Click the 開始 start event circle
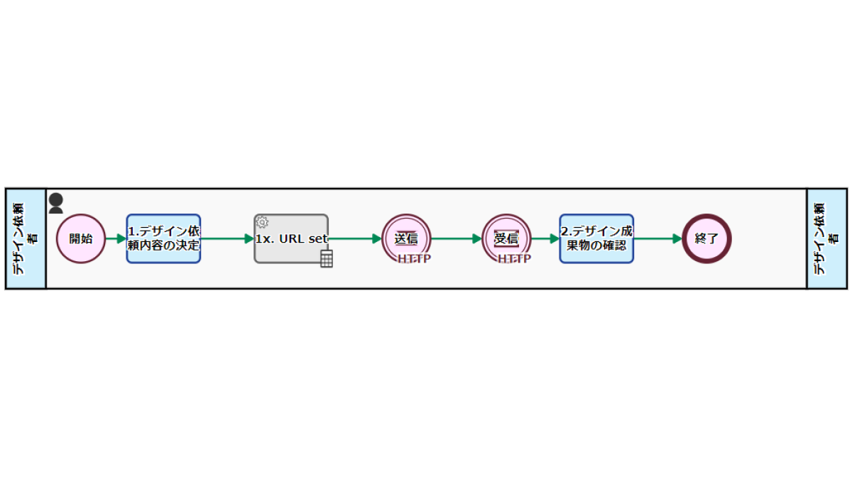click(x=81, y=238)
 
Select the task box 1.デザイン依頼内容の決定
click(x=163, y=238)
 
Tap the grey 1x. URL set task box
click(x=291, y=238)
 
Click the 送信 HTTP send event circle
click(x=406, y=238)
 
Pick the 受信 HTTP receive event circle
click(x=506, y=238)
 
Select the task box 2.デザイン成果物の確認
click(x=596, y=238)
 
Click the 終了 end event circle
click(x=706, y=238)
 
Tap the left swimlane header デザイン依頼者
click(x=26, y=238)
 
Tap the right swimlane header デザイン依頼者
click(x=827, y=238)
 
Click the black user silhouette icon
click(x=56, y=204)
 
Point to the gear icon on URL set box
click(x=262, y=222)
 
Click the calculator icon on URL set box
click(x=327, y=258)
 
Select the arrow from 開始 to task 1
click(x=116, y=238)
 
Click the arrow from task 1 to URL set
click(x=227, y=238)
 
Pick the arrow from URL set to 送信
click(x=355, y=238)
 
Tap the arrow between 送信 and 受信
click(x=457, y=238)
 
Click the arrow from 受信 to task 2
click(x=545, y=238)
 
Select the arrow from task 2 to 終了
click(x=658, y=238)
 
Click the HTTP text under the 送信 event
click(x=414, y=259)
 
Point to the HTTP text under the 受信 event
click(x=514, y=259)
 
